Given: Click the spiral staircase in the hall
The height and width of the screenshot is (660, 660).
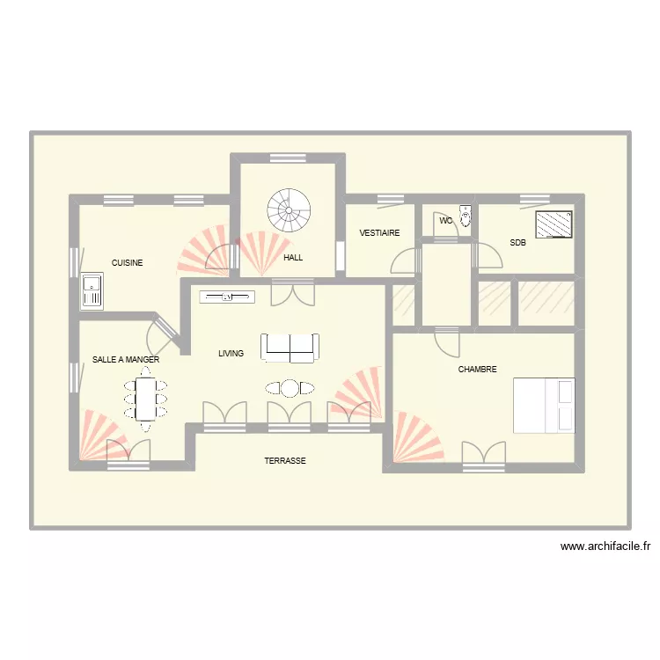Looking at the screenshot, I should pyautogui.click(x=290, y=210).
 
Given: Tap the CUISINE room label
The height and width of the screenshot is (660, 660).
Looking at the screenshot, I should pyautogui.click(x=127, y=263).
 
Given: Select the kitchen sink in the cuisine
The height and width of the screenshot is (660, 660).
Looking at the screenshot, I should pyautogui.click(x=92, y=290).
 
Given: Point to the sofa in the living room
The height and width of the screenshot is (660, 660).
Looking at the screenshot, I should pyautogui.click(x=290, y=348).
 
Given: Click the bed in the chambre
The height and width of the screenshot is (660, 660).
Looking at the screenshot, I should pyautogui.click(x=544, y=405).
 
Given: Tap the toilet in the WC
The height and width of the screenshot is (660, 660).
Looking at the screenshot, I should pyautogui.click(x=466, y=216).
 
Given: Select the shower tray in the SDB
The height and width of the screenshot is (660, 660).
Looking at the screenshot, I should pyautogui.click(x=554, y=224).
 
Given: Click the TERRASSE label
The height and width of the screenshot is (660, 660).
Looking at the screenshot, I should pyautogui.click(x=285, y=461).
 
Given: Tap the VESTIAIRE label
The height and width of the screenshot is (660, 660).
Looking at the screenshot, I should pyautogui.click(x=379, y=233).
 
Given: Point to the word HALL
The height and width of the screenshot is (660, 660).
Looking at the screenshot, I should pyautogui.click(x=293, y=258).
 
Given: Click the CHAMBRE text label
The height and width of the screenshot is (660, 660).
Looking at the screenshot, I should pyautogui.click(x=477, y=370).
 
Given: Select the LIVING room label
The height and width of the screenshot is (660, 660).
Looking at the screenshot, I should pyautogui.click(x=231, y=354).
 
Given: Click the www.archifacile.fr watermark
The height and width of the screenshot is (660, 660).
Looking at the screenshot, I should pyautogui.click(x=605, y=546).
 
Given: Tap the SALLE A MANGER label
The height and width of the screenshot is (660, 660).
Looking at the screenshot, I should pyautogui.click(x=126, y=360).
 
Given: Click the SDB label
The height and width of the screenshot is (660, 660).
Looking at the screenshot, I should pyautogui.click(x=517, y=243).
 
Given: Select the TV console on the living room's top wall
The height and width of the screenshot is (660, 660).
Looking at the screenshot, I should pyautogui.click(x=227, y=297).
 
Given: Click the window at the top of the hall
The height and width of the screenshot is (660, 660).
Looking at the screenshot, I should pyautogui.click(x=288, y=158).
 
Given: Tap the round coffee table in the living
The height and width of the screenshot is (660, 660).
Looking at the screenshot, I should pyautogui.click(x=290, y=387).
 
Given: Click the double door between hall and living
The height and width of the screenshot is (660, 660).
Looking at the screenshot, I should pyautogui.click(x=292, y=292).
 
